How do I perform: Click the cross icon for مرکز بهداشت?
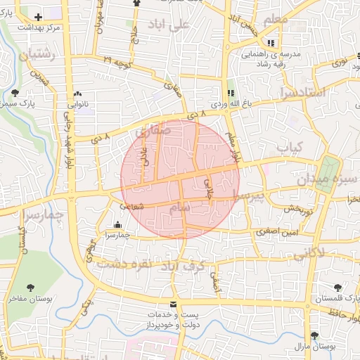point(38,16)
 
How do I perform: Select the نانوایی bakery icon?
point(77,94)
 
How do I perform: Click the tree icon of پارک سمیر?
point(15,92)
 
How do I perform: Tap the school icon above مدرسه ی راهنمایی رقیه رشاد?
point(271,43)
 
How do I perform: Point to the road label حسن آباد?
point(245,24)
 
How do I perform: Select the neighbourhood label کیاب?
point(289,147)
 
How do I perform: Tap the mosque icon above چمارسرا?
point(117,226)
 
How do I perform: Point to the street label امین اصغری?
point(276,231)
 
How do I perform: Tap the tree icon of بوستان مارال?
point(314,335)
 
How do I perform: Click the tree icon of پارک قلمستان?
point(338,287)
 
